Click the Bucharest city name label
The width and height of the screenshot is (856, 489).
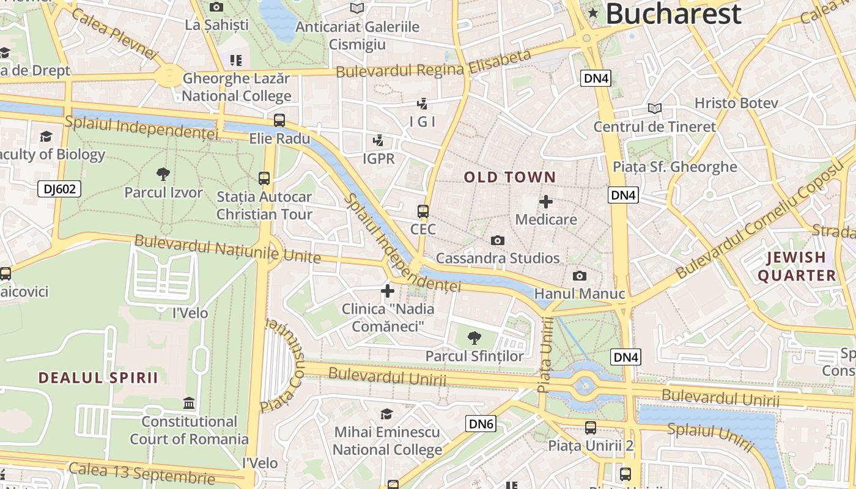tap(673, 13)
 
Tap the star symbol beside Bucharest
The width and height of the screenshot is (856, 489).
tap(592, 13)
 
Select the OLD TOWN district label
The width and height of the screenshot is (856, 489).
tap(510, 178)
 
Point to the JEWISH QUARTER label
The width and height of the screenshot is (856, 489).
tap(797, 267)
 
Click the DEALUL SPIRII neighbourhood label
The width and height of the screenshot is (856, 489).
tap(98, 378)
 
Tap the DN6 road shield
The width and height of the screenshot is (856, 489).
tap(481, 424)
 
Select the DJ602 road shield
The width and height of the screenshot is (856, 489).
tap(59, 189)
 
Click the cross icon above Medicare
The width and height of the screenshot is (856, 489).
tap(546, 201)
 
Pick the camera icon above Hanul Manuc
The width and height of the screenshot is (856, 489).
tap(579, 276)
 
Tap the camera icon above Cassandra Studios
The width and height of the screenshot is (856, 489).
tap(498, 241)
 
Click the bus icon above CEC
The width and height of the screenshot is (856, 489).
tap(423, 211)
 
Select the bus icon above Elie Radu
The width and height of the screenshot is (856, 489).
tap(279, 120)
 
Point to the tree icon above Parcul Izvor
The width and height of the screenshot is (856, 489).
tap(163, 174)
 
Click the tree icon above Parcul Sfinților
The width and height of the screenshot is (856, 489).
tap(474, 337)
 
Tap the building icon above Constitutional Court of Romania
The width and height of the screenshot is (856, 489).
tap(189, 403)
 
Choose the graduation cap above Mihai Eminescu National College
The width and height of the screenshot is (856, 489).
tap(386, 414)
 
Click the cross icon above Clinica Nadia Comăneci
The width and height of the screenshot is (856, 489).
tap(388, 290)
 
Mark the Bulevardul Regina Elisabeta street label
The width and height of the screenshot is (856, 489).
tap(434, 66)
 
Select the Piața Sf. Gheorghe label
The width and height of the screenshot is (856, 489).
tap(675, 167)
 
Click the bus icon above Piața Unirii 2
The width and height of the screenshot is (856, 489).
tap(591, 428)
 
